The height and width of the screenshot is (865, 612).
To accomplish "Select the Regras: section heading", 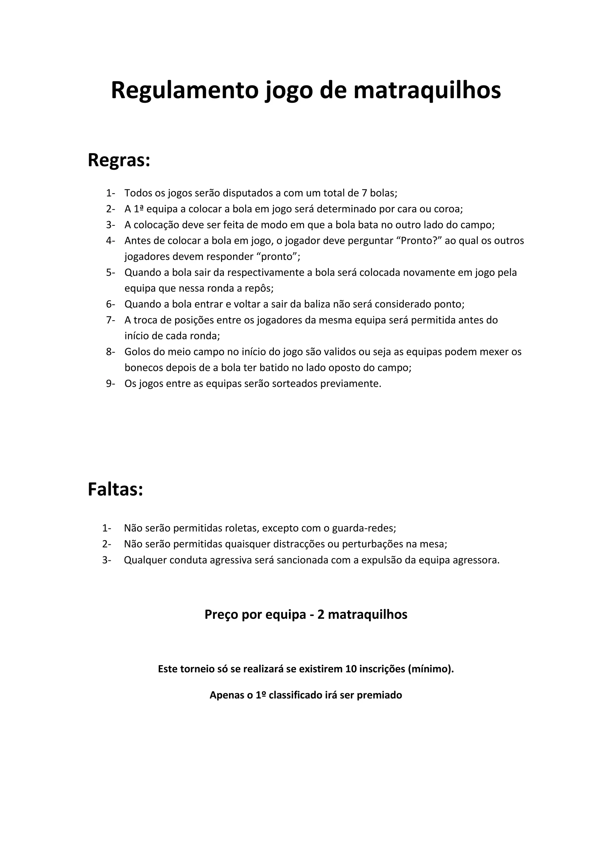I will (x=119, y=160).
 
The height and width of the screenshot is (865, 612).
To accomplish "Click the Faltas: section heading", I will (x=115, y=490).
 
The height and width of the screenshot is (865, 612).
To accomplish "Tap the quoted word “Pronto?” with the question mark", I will (x=421, y=241).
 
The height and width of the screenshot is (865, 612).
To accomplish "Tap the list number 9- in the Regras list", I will (x=110, y=384).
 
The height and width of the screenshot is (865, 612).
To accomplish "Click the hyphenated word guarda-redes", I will (x=364, y=528).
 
